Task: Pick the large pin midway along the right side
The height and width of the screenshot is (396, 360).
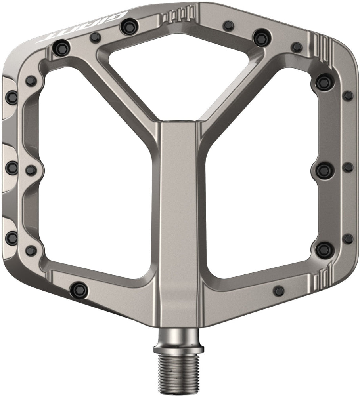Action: pos(324,170)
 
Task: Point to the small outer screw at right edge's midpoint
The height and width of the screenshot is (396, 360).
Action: pos(348,167)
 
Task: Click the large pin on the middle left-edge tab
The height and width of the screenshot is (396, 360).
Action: pos(12,167)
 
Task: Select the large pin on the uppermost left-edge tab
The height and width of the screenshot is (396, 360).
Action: pos(12,97)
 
